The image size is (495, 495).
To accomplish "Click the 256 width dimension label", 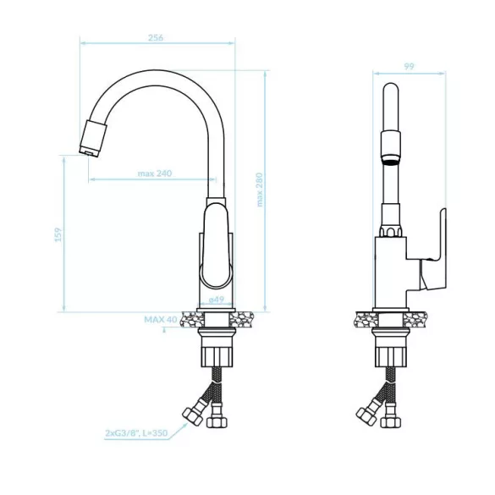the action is tap(156, 37).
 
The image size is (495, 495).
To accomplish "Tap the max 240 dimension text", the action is tap(155, 173).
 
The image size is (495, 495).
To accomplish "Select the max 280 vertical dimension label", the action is tap(260, 190).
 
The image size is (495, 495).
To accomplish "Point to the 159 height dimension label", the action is tap(58, 234).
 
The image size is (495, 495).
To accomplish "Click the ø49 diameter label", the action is tap(217, 300).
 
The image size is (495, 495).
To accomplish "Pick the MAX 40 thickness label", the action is tap(161, 320).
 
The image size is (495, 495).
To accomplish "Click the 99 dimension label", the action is tap(409, 66).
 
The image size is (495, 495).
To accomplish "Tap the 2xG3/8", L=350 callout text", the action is tap(136, 433).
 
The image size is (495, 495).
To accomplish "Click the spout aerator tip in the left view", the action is tap(93, 138).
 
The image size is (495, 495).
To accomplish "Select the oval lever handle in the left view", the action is tap(217, 246).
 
